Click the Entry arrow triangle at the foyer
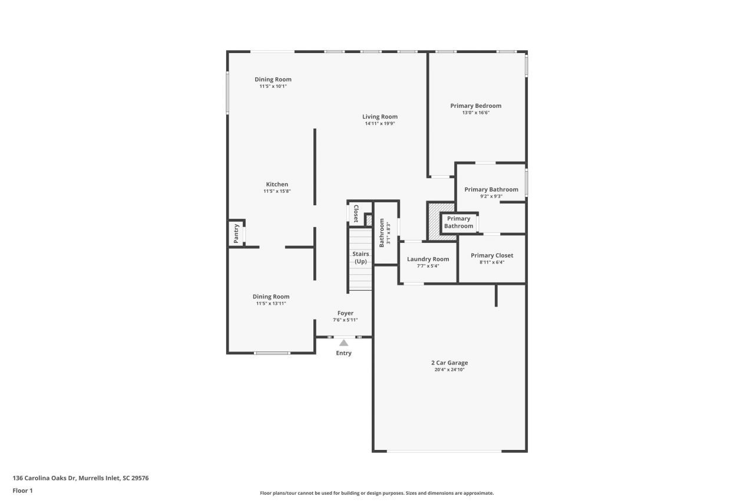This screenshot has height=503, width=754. point(343,343)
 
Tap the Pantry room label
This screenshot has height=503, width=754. point(236,233)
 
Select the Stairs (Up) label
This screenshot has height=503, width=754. point(361,258)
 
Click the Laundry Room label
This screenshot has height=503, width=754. point(428,259)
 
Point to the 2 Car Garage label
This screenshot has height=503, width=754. point(449,363)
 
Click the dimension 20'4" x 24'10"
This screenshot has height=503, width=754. point(449,370)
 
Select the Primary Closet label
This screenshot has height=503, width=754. point(492,255)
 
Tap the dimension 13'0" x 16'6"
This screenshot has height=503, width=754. point(475,113)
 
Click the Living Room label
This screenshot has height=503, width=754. point(379,117)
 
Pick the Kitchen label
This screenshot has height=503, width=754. point(277,185)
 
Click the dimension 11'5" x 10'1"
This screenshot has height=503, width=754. point(273,86)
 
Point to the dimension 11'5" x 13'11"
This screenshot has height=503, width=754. point(271,304)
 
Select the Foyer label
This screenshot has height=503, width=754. point(345,313)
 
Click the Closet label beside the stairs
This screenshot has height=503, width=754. point(356,213)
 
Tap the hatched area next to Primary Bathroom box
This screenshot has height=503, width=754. point(434,221)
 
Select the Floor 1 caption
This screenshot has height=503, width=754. point(22,491)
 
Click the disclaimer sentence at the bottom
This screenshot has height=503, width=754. point(376,493)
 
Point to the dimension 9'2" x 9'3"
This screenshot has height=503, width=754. point(491,196)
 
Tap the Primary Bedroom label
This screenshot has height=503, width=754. point(475,106)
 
